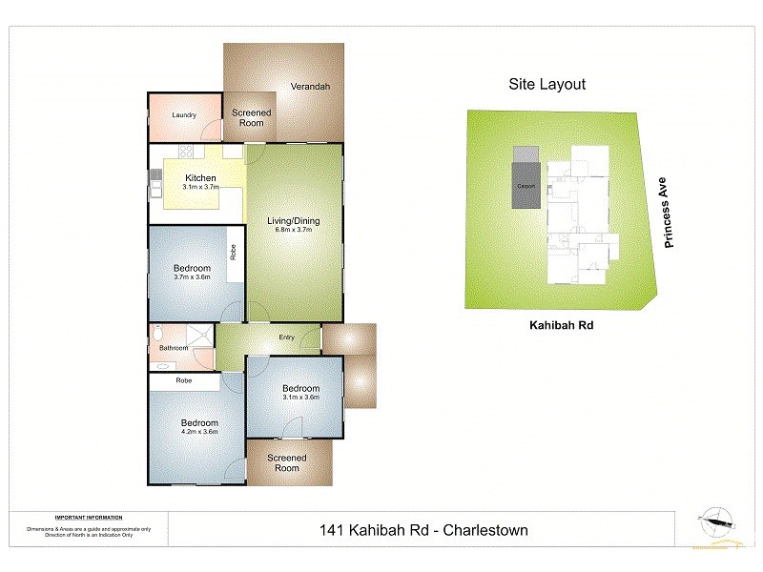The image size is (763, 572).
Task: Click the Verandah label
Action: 311,87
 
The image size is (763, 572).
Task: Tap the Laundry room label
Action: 184,115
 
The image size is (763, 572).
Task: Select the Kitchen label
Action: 200,178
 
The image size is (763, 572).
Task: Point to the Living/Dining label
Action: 294,221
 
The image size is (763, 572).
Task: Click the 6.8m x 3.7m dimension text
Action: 294,231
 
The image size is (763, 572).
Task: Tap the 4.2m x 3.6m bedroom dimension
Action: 200,432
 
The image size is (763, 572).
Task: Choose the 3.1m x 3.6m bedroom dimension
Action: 300,398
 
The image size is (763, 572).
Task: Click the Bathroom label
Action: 174,348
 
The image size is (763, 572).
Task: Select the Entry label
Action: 286,337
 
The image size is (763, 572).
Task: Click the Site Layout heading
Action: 546,84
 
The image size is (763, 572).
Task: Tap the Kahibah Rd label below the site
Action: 563,324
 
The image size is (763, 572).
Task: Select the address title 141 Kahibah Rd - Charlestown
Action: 422,530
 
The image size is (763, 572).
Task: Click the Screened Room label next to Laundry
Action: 252,118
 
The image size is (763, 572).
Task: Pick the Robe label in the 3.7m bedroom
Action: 233,253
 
